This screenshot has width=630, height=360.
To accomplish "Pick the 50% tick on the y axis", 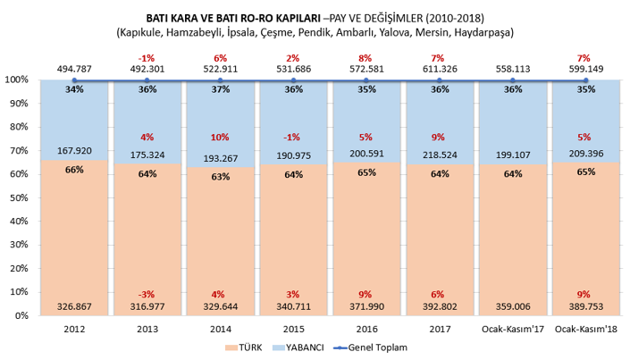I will pos(20,198).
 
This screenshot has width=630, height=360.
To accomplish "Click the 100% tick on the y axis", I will pos(17,80).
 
